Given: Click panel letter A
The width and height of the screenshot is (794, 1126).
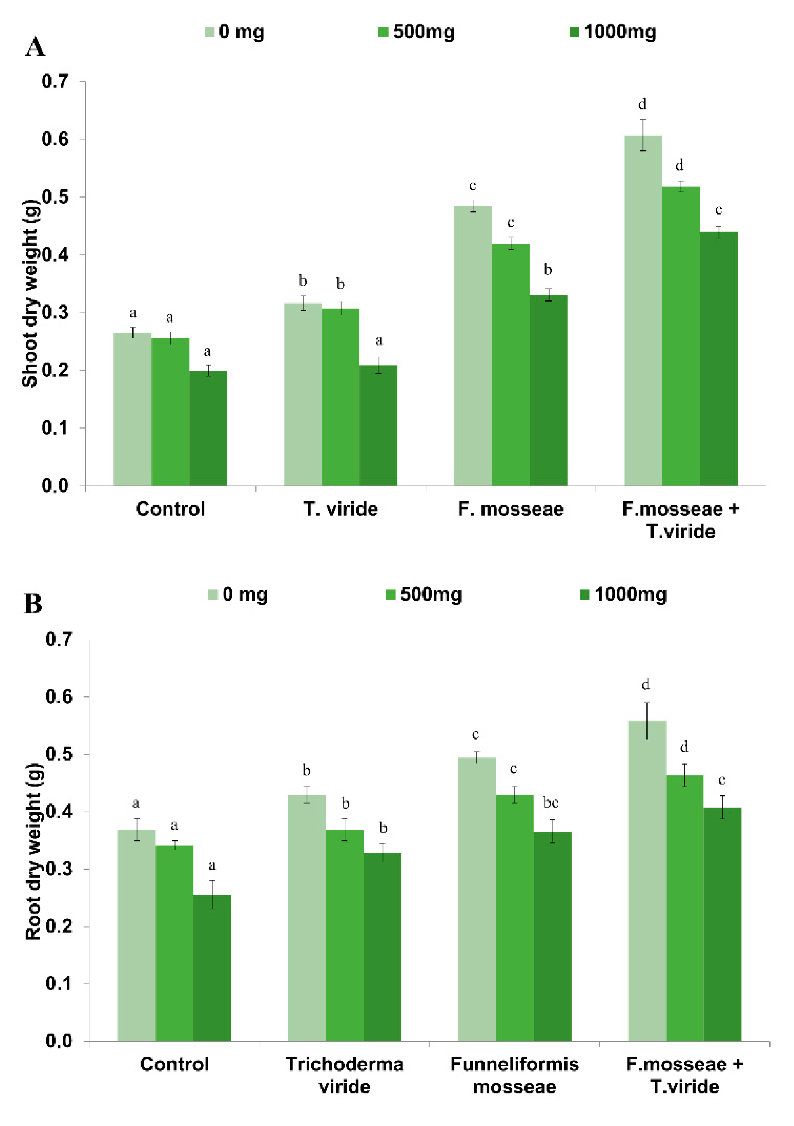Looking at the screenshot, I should (x=36, y=48).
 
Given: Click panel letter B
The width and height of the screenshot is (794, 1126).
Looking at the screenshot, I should (x=33, y=604).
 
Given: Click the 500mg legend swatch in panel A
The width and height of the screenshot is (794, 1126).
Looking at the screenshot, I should (x=383, y=32).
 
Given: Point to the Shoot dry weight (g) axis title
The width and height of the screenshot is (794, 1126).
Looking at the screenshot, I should (x=30, y=293).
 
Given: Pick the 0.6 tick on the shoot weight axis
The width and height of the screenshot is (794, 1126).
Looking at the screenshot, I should (x=54, y=139).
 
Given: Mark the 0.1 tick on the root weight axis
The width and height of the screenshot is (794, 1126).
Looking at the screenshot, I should (x=59, y=983).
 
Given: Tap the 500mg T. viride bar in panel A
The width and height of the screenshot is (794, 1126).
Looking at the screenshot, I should (x=340, y=397).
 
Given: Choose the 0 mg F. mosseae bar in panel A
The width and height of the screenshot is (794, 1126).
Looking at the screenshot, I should (x=472, y=345).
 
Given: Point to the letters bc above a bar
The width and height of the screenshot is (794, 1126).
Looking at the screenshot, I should (x=551, y=802).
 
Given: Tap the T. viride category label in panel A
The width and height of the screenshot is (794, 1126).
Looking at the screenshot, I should (x=340, y=509).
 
